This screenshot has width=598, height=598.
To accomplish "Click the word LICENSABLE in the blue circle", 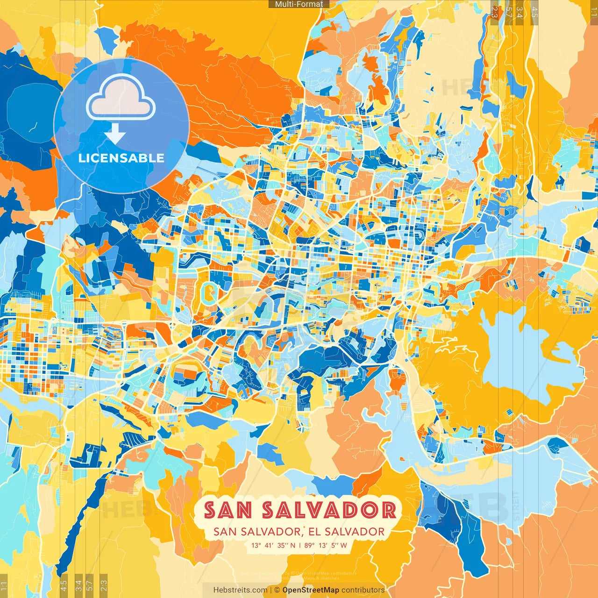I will [121, 158].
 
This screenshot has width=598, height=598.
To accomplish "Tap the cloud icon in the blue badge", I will [121, 99].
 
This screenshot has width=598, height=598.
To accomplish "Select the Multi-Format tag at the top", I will [299, 4].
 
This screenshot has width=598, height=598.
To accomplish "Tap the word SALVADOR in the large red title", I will [329, 510].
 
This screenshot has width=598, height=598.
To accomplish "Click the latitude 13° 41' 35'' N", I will [273, 545].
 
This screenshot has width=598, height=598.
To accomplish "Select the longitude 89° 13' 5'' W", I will [326, 545].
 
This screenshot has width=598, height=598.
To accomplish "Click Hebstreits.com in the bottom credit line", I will [240, 590].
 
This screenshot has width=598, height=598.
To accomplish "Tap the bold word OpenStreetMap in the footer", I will [311, 590].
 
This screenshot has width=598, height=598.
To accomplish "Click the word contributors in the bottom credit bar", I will [363, 590].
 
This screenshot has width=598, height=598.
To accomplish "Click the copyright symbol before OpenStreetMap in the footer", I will [277, 590].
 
